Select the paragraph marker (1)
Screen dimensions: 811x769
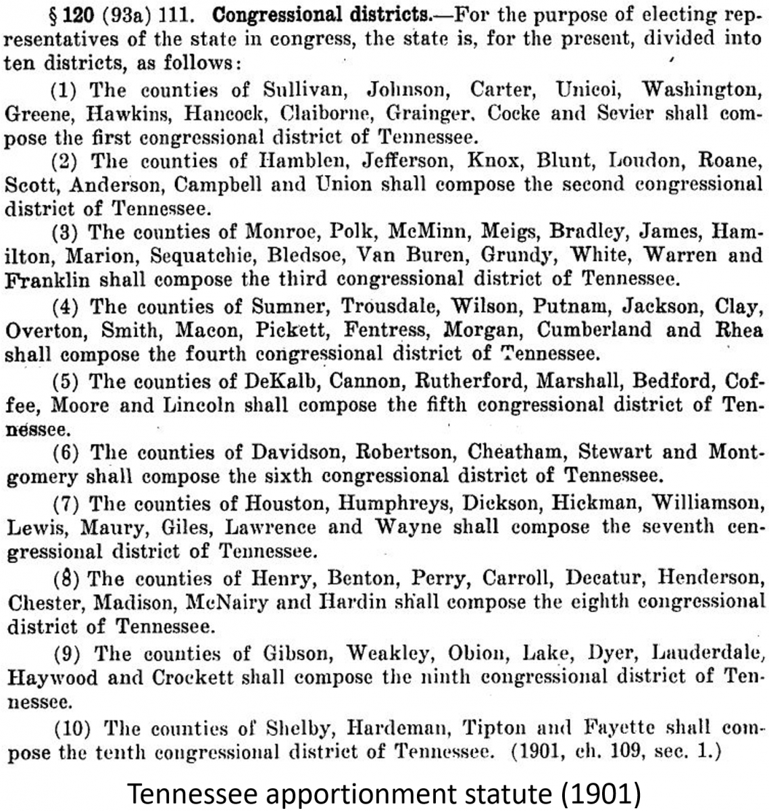pos(68,89)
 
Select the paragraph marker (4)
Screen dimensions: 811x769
pos(68,306)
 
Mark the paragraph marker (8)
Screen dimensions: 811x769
pos(68,579)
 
